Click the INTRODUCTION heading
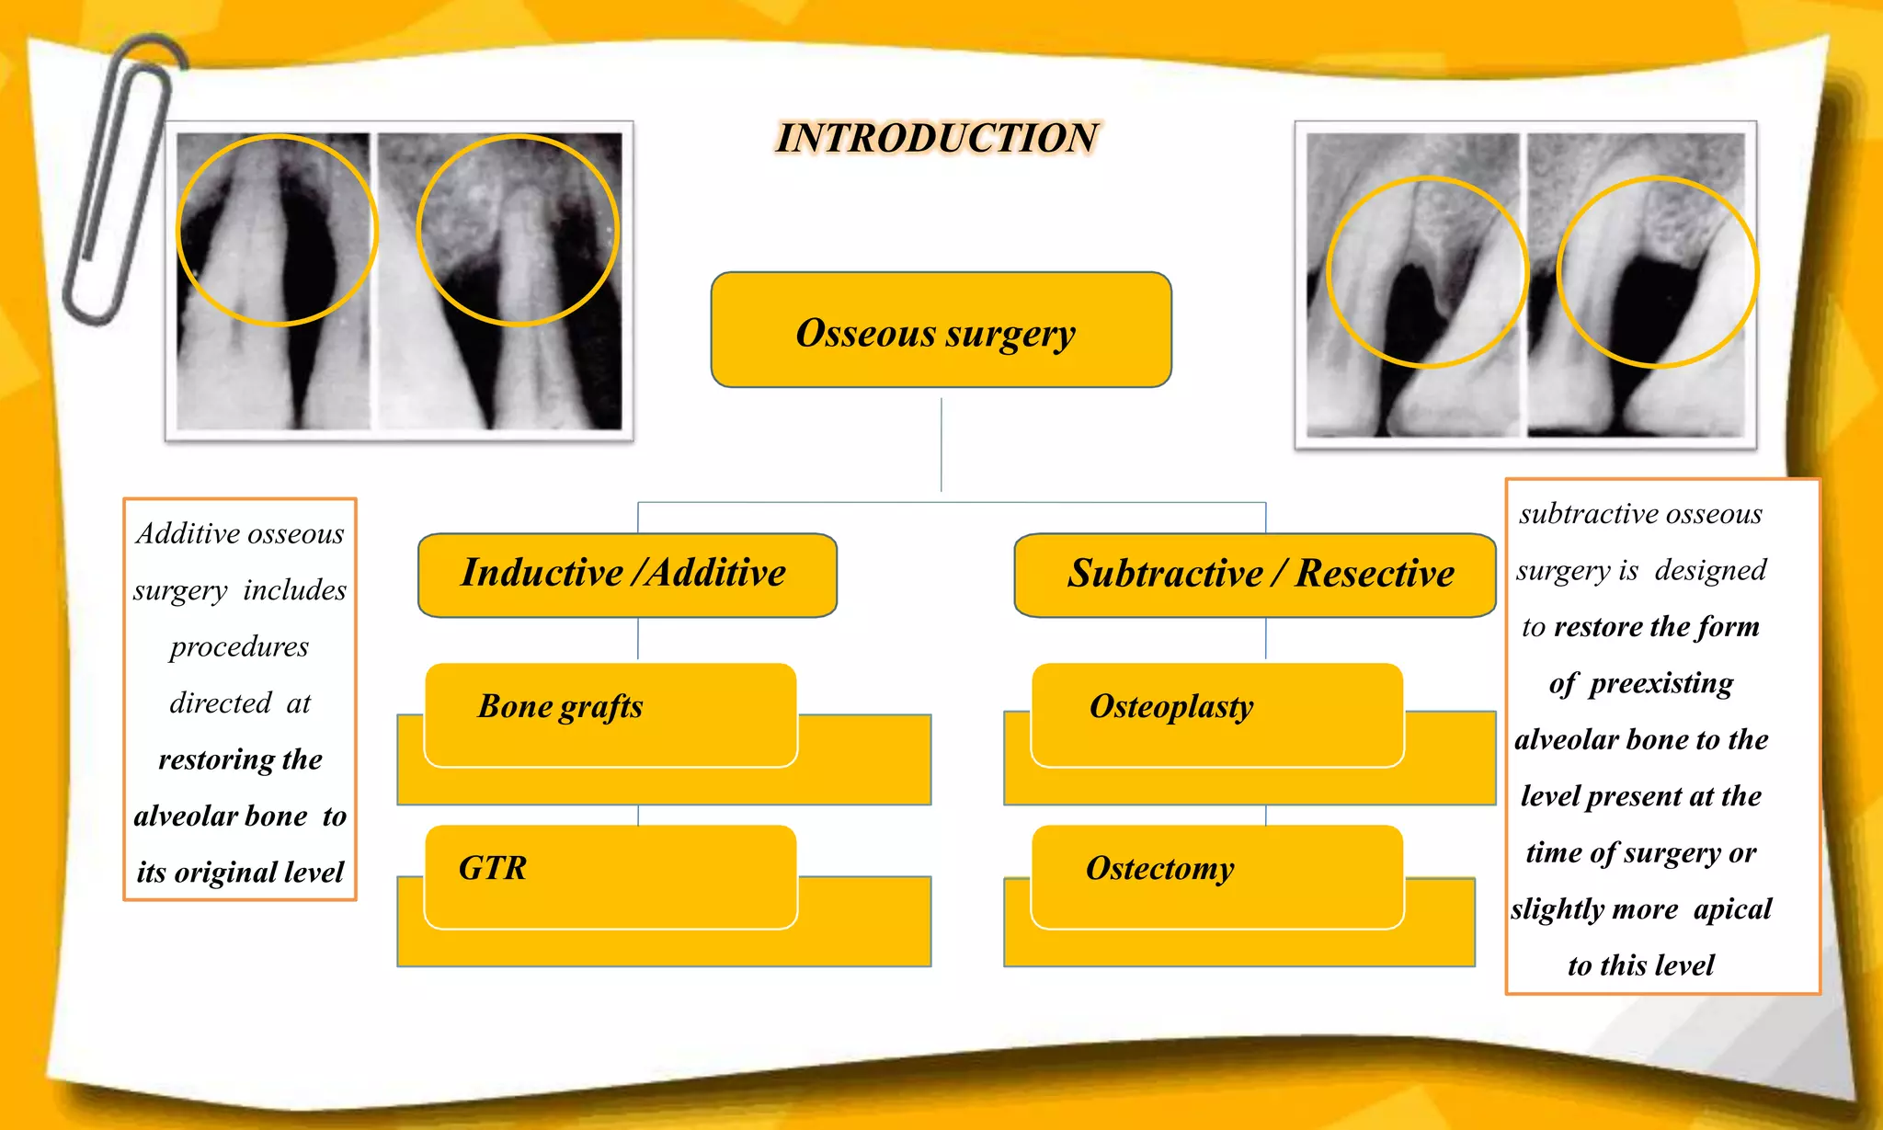click(937, 138)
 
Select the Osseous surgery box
click(941, 330)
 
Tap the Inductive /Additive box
click(626, 574)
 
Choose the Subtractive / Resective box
click(1256, 574)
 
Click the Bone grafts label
click(560, 706)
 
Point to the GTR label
click(493, 868)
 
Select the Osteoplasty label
click(1170, 706)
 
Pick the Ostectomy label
click(1159, 868)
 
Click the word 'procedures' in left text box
click(239, 646)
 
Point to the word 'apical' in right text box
click(1732, 909)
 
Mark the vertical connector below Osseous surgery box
click(941, 446)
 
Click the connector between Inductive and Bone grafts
click(638, 639)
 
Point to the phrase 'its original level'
click(240, 872)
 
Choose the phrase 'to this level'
click(1641, 965)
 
